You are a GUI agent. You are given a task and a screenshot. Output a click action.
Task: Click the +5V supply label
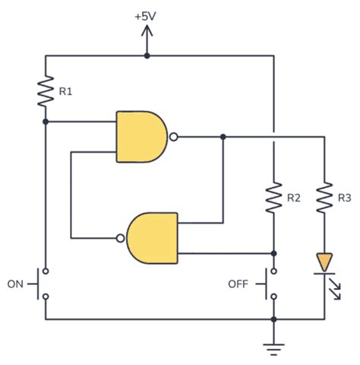point(147,15)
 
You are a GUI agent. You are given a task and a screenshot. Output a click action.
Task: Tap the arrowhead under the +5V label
point(147,31)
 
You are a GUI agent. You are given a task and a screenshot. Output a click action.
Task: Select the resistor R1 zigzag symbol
point(46,91)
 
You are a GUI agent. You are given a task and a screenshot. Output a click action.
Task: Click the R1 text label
point(66,92)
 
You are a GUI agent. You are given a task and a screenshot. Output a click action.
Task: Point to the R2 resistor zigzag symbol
point(273,197)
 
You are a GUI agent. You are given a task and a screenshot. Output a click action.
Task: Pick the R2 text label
point(294,198)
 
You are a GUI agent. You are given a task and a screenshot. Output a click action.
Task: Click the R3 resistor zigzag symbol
point(324,197)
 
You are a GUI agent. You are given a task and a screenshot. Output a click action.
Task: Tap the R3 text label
point(344,198)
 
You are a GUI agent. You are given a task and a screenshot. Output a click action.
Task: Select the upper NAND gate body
point(141,137)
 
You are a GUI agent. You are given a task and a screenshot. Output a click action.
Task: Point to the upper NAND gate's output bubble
point(174,138)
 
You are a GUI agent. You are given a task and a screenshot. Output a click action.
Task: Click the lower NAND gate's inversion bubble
point(121,237)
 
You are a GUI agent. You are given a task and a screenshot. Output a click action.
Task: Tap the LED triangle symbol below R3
point(324,263)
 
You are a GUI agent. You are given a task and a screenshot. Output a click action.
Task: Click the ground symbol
point(273,348)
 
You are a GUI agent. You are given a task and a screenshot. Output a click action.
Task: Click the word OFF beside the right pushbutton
point(238,284)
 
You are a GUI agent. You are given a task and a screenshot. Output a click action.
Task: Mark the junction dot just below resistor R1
point(46,122)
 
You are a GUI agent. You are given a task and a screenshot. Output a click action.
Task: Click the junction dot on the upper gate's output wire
point(223,138)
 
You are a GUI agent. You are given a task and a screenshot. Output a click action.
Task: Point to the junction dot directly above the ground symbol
point(273,319)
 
